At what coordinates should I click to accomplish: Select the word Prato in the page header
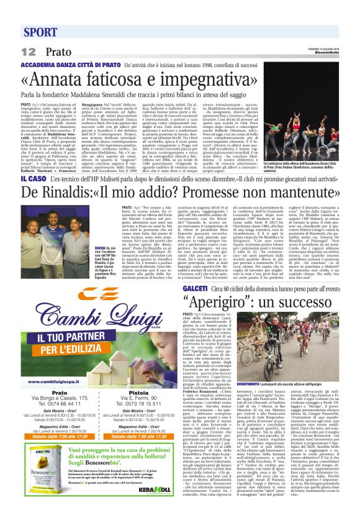pos(58,52)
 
